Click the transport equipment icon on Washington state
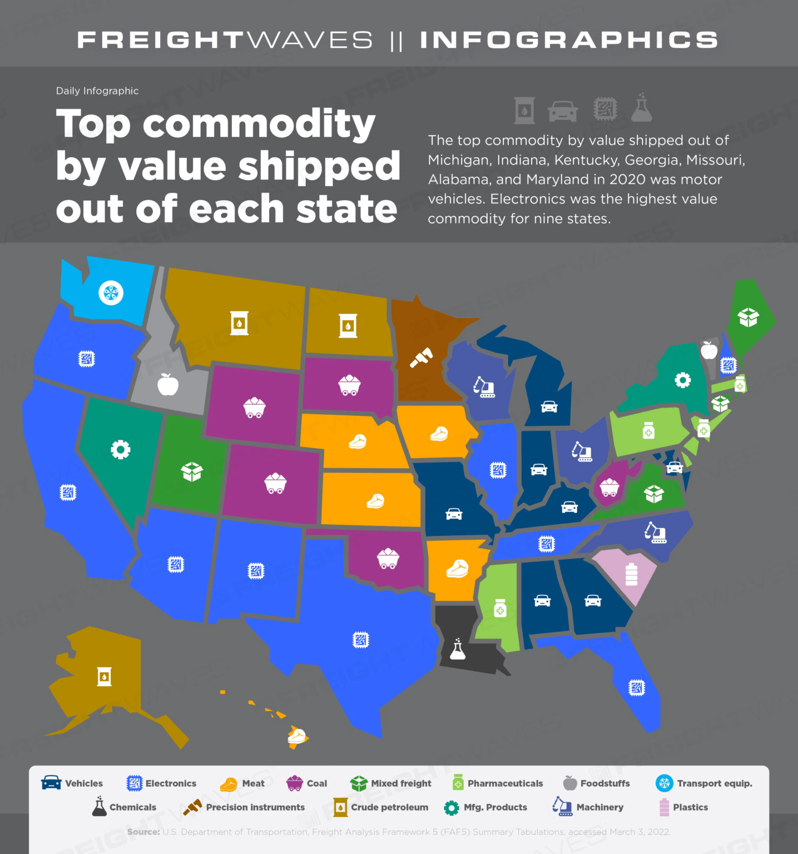[111, 292]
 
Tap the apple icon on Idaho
[167, 384]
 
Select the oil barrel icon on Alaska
[104, 677]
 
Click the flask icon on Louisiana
[458, 649]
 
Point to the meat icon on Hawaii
[297, 736]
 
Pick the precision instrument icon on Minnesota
[421, 358]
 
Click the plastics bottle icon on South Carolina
[631, 574]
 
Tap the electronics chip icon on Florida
[636, 688]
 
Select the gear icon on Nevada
[120, 449]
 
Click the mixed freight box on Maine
[749, 317]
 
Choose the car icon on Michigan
[549, 406]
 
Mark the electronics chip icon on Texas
[360, 640]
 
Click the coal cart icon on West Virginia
[609, 488]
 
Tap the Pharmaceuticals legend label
[504, 783]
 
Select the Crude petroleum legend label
[389, 807]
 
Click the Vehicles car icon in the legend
[51, 783]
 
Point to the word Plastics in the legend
[690, 807]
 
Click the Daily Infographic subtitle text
[97, 91]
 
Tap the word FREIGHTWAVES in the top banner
[225, 40]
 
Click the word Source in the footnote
[143, 832]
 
